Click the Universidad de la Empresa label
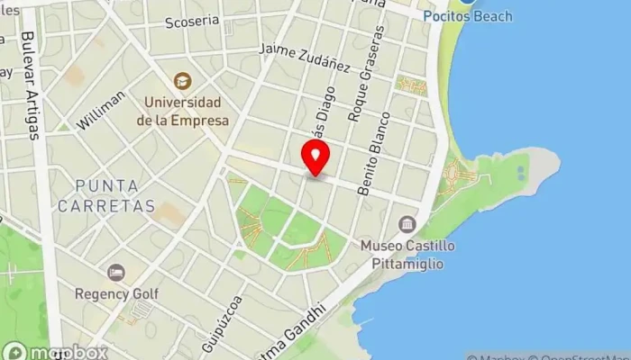coord(183,111)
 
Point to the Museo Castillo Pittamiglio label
coord(407,253)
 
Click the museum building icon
coord(407,223)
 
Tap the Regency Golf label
coord(117,293)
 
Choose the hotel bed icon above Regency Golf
coord(116,272)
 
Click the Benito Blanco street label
coord(373,153)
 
